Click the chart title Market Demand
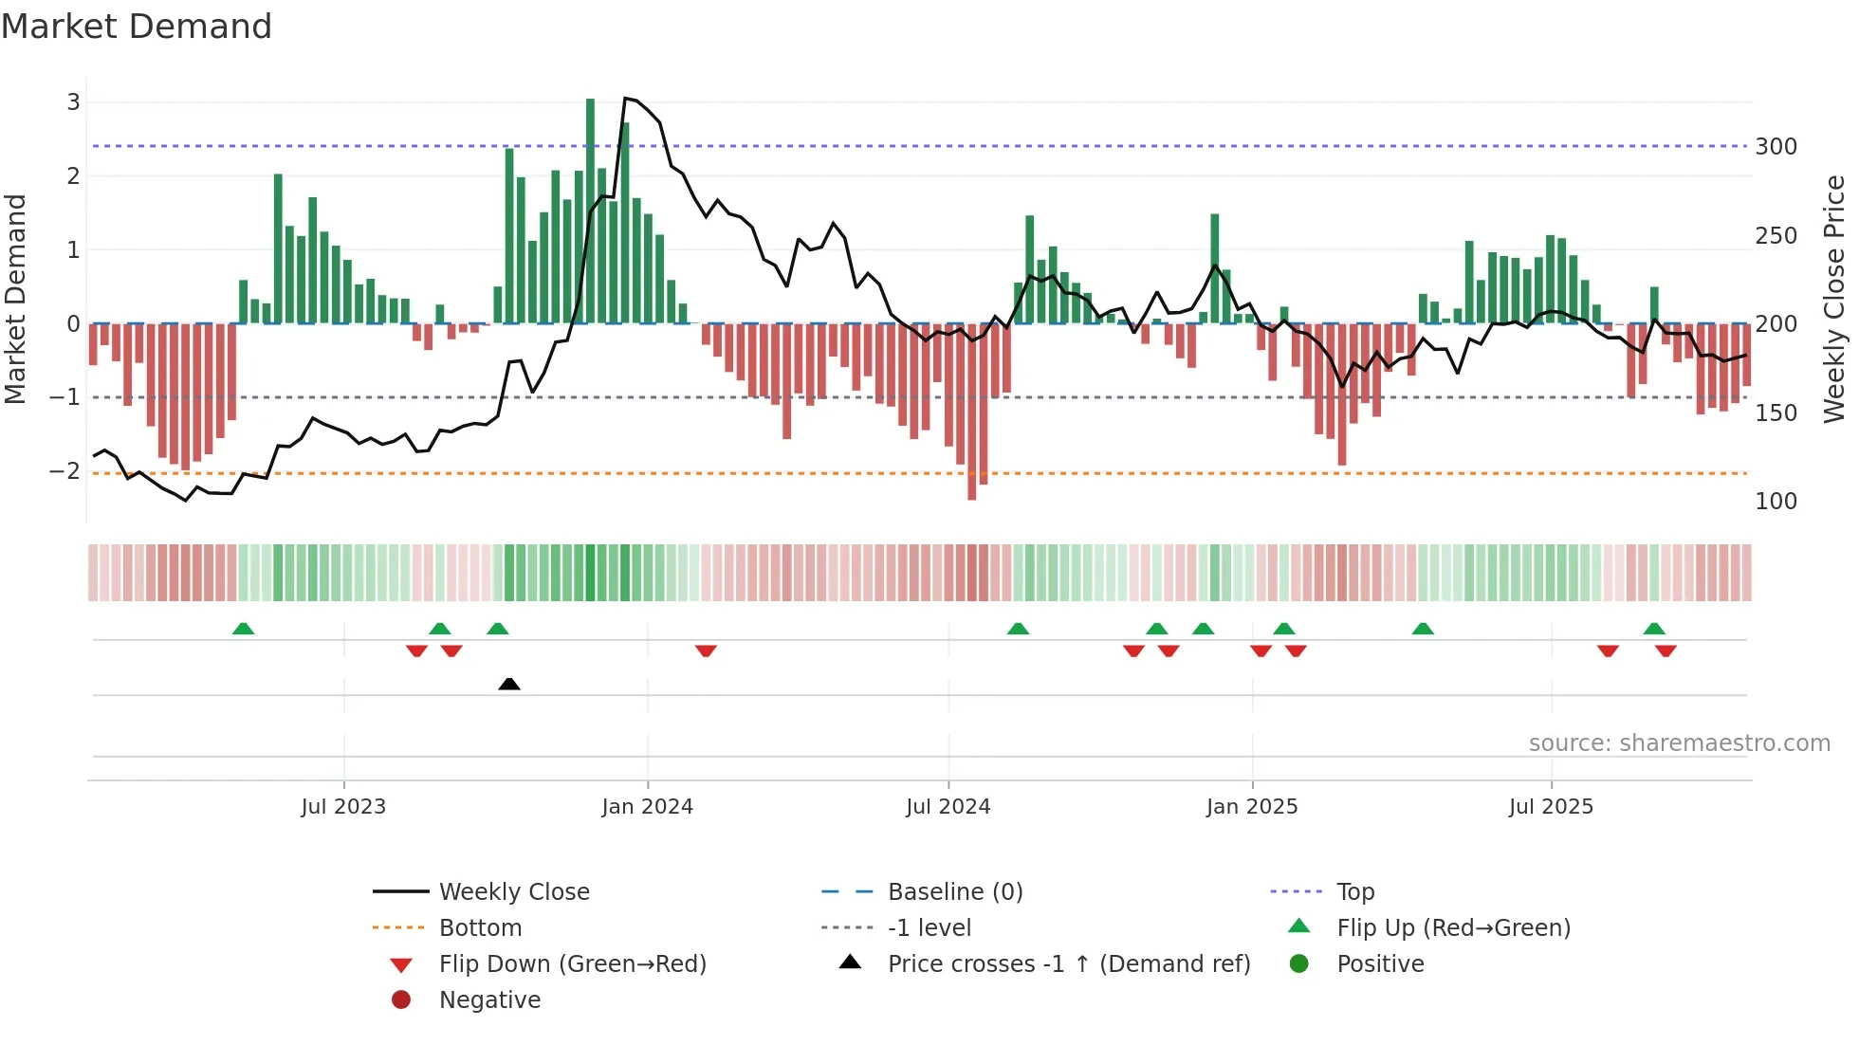(137, 27)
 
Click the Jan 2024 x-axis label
(647, 807)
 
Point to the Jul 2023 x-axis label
(343, 807)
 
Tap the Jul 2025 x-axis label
(1551, 807)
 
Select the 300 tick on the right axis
(1776, 147)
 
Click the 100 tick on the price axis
(1776, 502)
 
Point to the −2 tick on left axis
(64, 471)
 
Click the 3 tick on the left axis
(73, 102)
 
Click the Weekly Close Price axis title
(1834, 299)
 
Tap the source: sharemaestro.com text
(1679, 743)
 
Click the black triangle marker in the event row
(509, 684)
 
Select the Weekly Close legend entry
(513, 892)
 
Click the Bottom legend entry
(480, 928)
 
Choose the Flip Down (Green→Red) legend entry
(572, 964)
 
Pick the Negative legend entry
(489, 1000)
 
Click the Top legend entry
(1354, 892)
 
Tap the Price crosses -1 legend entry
(1068, 964)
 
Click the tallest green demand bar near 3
(590, 209)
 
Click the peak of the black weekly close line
(625, 99)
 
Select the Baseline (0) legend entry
(954, 892)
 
